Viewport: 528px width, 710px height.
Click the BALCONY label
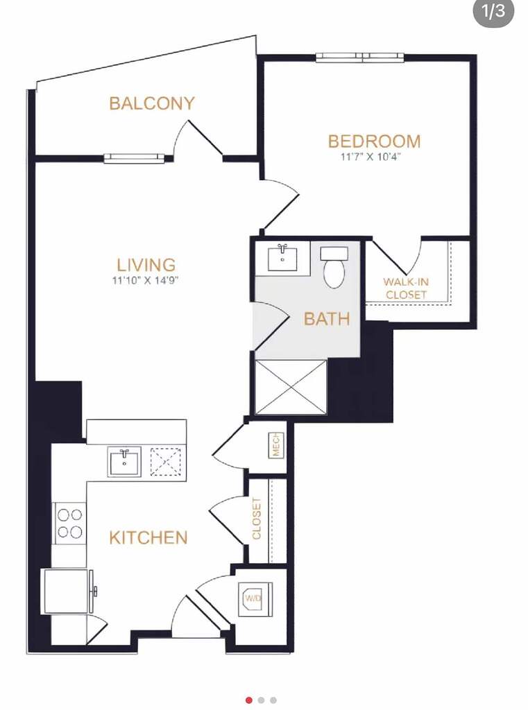point(152,103)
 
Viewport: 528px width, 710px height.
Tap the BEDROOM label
point(375,141)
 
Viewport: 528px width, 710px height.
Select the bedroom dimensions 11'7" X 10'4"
point(371,157)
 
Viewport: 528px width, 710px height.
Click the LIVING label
point(146,264)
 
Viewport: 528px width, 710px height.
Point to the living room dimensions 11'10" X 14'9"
point(146,280)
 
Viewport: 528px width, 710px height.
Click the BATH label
point(327,319)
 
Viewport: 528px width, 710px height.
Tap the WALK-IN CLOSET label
point(406,288)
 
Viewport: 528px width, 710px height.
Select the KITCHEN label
point(148,537)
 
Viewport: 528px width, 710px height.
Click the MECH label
point(276,445)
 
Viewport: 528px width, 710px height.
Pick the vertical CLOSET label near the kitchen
point(257,519)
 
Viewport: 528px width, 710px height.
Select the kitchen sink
point(124,461)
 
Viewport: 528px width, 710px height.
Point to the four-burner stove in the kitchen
point(70,523)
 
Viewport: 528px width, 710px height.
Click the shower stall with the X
point(291,387)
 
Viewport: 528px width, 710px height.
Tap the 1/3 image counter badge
point(493,11)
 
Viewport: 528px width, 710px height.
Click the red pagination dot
point(249,700)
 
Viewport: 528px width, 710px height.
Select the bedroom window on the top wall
point(360,57)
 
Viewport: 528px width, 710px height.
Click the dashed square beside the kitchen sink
point(165,462)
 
